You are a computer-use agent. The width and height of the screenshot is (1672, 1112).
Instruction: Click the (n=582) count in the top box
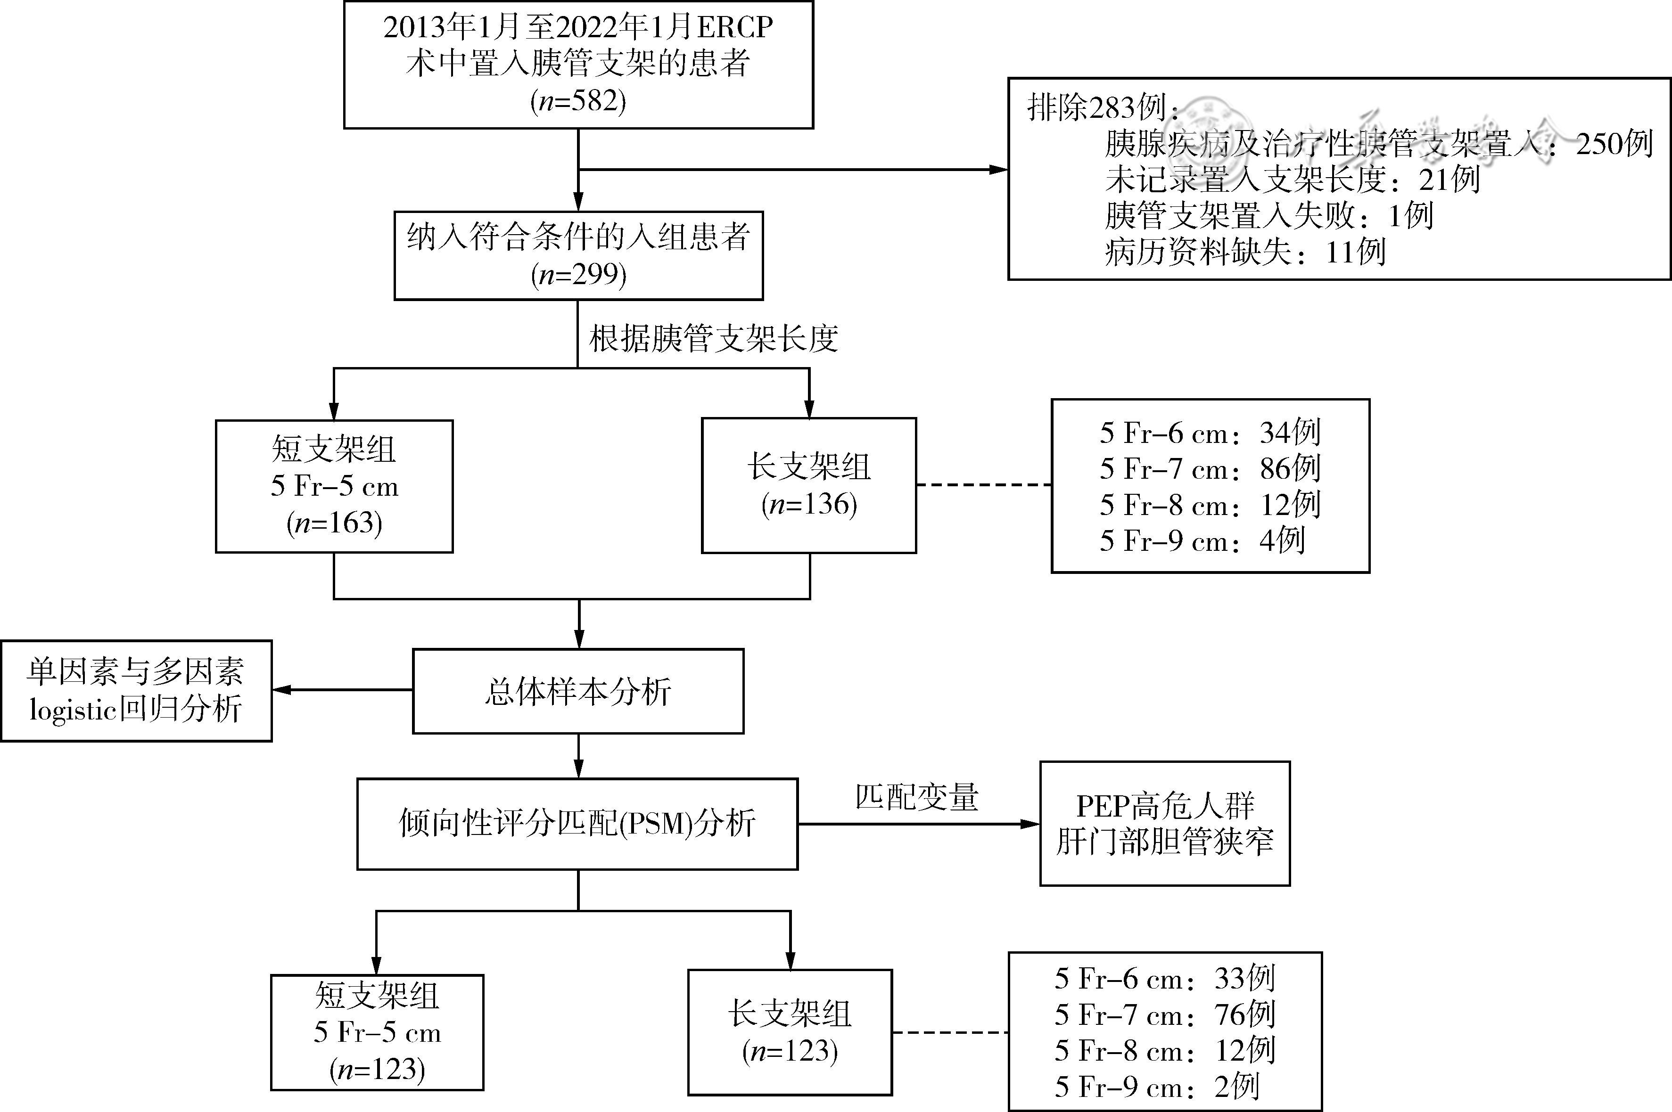click(x=578, y=101)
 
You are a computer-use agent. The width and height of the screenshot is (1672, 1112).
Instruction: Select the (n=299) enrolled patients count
click(x=578, y=274)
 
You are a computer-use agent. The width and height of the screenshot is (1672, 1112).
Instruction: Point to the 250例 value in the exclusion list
click(x=1614, y=144)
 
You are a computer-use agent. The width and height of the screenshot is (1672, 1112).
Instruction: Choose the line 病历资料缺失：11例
click(x=1245, y=252)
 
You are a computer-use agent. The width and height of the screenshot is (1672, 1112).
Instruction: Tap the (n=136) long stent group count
click(x=809, y=504)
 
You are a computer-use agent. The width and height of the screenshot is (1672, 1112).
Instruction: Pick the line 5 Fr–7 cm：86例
click(x=1210, y=468)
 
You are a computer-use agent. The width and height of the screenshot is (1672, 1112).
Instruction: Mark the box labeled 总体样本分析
click(x=578, y=691)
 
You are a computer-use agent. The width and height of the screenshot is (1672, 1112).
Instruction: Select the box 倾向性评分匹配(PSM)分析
click(x=577, y=824)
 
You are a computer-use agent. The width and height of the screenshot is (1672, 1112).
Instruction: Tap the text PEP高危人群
click(x=1165, y=806)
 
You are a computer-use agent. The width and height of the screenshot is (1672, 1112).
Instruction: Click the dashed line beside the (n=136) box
click(x=984, y=485)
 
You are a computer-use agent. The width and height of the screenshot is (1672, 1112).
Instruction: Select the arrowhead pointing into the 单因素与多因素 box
click(x=281, y=689)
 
